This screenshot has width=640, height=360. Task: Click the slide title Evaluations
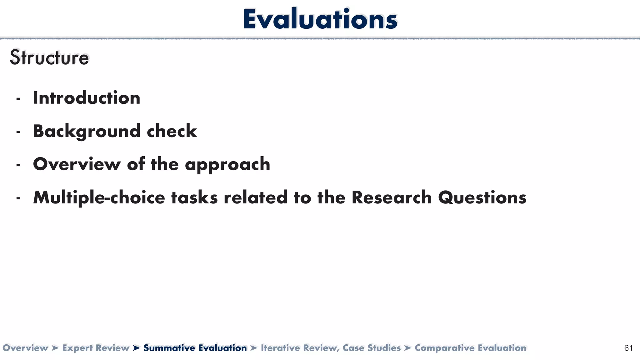pyautogui.click(x=320, y=19)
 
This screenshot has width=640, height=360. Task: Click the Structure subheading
pyautogui.click(x=49, y=58)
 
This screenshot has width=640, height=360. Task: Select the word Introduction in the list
pyautogui.click(x=87, y=98)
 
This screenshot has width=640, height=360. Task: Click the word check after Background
pyautogui.click(x=172, y=131)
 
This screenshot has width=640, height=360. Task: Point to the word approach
pyautogui.click(x=227, y=164)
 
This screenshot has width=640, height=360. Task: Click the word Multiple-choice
pyautogui.click(x=99, y=198)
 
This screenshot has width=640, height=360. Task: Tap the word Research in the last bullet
pyautogui.click(x=391, y=197)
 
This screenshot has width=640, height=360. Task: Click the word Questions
pyautogui.click(x=482, y=198)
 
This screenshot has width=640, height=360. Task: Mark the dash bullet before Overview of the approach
pyautogui.click(x=18, y=165)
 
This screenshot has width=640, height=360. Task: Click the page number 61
pyautogui.click(x=628, y=348)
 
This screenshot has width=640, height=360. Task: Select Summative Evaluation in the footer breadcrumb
pyautogui.click(x=195, y=348)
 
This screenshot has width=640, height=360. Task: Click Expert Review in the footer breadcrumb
pyautogui.click(x=96, y=348)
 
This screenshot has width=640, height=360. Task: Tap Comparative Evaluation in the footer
pyautogui.click(x=470, y=348)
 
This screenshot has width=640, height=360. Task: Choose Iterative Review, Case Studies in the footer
pyautogui.click(x=331, y=348)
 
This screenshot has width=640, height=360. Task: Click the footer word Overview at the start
pyautogui.click(x=25, y=348)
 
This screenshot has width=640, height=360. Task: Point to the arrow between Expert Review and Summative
pyautogui.click(x=136, y=348)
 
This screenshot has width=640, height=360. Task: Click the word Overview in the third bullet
pyautogui.click(x=77, y=164)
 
